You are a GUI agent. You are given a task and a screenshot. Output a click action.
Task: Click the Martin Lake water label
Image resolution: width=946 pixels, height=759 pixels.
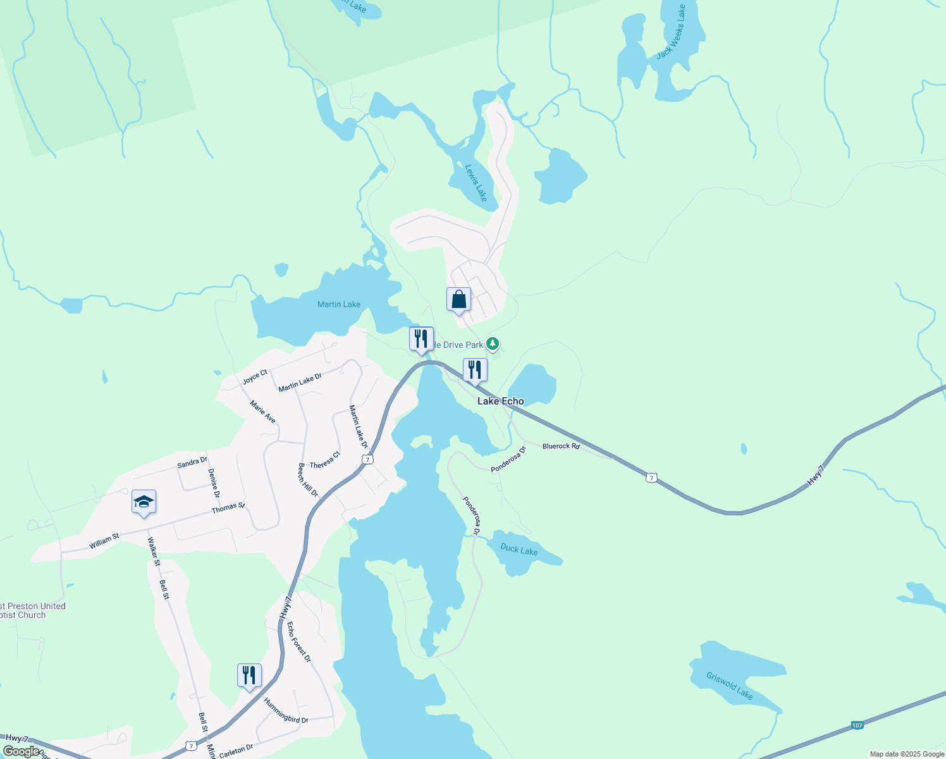point(339,304)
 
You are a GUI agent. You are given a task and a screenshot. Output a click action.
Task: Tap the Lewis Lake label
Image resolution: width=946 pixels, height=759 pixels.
point(476,183)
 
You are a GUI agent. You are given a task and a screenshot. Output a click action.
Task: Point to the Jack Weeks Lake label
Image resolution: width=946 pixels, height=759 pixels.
point(671,32)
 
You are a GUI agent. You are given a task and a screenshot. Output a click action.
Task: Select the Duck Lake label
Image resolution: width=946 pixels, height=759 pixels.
point(519,550)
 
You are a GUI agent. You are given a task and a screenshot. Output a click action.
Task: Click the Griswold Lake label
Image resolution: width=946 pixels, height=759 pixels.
point(730,686)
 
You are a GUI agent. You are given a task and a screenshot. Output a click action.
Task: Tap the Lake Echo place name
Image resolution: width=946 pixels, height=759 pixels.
point(500,401)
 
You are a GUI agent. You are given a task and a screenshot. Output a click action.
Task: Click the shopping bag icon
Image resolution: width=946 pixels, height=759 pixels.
point(458,300)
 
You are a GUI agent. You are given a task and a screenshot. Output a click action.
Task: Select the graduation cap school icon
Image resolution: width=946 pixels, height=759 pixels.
point(144,502)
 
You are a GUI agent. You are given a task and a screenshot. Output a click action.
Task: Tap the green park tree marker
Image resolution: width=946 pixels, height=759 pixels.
point(493,345)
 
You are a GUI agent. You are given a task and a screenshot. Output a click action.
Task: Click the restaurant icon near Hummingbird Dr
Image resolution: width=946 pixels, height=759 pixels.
point(249,676)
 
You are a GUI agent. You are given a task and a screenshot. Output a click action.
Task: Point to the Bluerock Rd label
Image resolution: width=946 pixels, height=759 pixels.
point(561,447)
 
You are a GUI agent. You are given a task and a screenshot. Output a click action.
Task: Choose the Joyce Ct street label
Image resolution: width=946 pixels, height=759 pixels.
point(255,377)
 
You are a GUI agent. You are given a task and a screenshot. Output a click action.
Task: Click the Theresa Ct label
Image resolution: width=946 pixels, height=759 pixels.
point(325,460)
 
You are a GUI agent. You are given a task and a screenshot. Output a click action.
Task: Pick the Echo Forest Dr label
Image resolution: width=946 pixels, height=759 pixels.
point(299,641)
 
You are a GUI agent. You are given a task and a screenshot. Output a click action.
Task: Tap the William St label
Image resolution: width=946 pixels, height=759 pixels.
point(104,541)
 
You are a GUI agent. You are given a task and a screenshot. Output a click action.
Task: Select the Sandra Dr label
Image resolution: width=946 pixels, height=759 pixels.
point(192,463)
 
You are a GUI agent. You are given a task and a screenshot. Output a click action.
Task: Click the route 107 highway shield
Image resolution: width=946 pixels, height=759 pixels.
point(857,725)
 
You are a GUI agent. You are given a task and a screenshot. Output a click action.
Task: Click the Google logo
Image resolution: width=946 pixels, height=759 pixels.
point(21,751)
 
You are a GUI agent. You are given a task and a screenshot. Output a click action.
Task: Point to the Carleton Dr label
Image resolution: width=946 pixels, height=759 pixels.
point(236,751)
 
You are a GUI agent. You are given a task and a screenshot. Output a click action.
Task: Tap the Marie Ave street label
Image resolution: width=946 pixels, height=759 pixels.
point(262,412)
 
